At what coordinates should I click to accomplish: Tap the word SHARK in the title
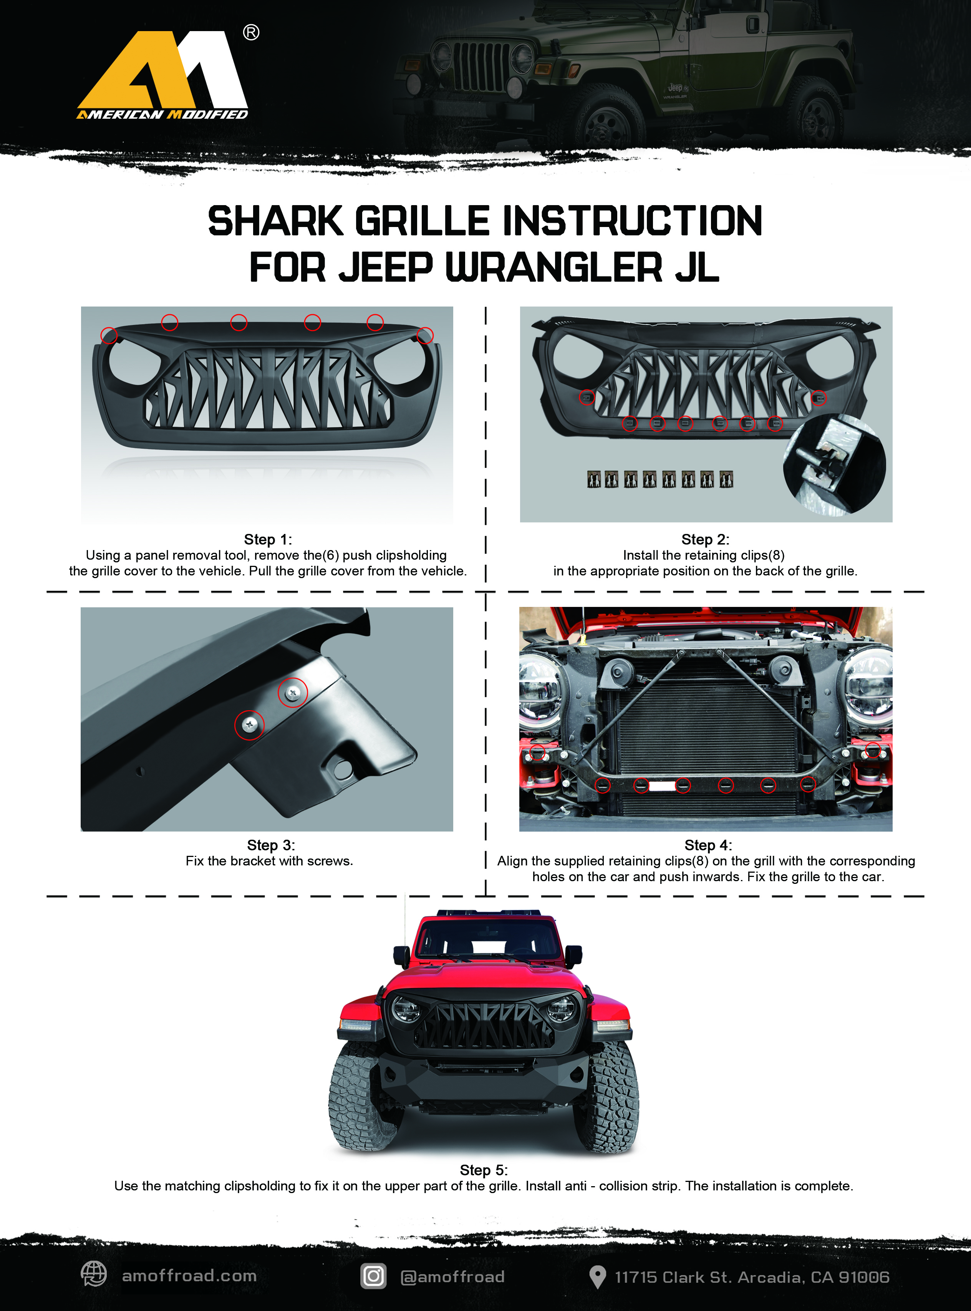coord(275,222)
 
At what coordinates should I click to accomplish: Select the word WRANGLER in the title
coord(554,267)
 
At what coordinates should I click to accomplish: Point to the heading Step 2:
coord(705,539)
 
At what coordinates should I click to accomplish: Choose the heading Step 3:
coord(271,845)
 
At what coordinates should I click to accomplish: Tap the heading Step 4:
coord(708,845)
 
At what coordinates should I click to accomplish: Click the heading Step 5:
coord(484,1170)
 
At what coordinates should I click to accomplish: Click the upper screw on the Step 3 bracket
coord(293,693)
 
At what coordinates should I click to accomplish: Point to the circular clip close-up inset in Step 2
coord(835,464)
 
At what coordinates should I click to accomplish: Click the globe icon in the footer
coord(93,1274)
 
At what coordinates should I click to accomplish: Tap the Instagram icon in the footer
coord(373,1276)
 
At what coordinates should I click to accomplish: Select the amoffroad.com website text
coord(189,1276)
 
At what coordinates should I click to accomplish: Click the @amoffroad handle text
coord(452,1277)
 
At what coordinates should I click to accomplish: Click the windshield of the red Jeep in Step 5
coord(487,938)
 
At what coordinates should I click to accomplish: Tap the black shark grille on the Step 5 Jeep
coord(484,1023)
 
